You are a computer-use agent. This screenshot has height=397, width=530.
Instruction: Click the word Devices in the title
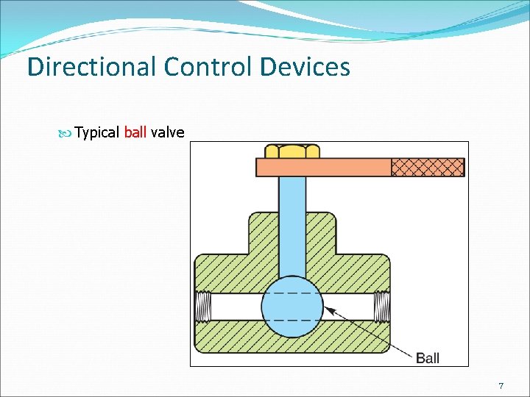coord(304,68)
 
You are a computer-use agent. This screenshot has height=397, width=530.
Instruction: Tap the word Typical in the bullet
coord(97,132)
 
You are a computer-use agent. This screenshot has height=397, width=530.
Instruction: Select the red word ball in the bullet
coord(135,132)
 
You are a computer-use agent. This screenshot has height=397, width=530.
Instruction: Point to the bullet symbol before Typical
coord(68,133)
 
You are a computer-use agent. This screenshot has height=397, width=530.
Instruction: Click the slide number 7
coord(501,386)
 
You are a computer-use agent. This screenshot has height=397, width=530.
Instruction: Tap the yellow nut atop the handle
coord(292,151)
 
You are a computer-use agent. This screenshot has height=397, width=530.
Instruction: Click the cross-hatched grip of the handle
coord(428,168)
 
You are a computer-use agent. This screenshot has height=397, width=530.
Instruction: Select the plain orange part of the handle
coord(324,168)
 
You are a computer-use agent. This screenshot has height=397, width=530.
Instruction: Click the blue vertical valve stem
coord(292,221)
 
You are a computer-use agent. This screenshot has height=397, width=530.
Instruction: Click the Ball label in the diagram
coord(428,358)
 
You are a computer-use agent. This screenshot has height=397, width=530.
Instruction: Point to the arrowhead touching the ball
coord(328,310)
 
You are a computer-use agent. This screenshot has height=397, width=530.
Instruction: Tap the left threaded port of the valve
coord(203,307)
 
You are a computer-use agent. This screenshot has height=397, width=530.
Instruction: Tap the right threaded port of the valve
coord(382,307)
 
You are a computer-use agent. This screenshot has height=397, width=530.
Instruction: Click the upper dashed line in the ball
coord(292,293)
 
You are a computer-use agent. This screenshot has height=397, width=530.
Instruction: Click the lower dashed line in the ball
coord(292,321)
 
